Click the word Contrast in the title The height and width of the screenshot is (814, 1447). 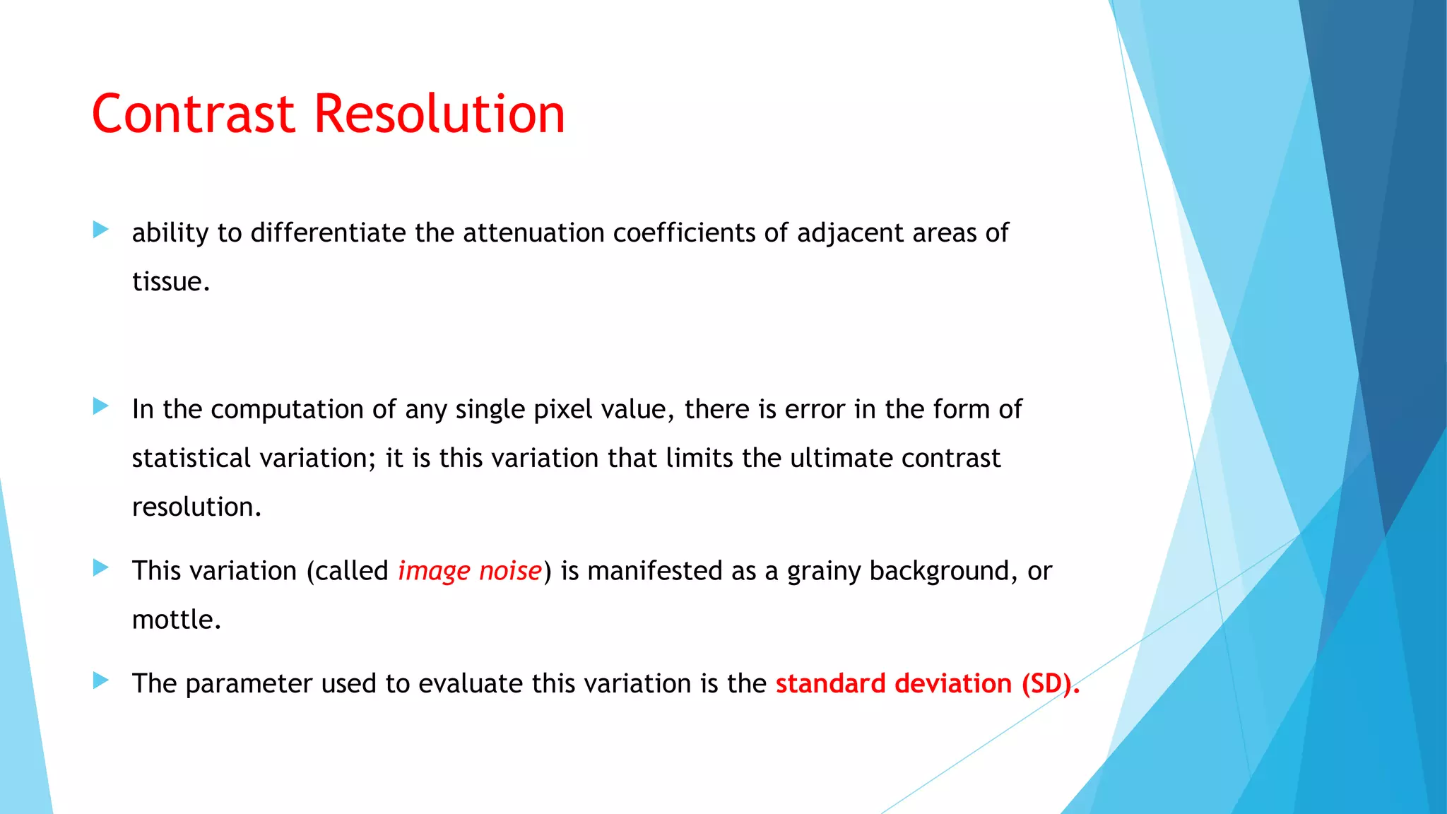pyautogui.click(x=193, y=114)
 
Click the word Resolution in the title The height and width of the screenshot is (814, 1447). pyautogui.click(x=439, y=114)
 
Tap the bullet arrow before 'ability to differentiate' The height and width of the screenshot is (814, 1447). pyautogui.click(x=101, y=230)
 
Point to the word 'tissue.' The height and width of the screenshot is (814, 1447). pyautogui.click(x=171, y=281)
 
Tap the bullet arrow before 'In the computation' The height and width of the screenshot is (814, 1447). pyautogui.click(x=101, y=406)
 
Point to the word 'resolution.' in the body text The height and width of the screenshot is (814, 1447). pyautogui.click(x=196, y=507)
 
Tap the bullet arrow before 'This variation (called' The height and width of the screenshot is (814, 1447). pyautogui.click(x=101, y=567)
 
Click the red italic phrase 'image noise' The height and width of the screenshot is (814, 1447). pyautogui.click(x=470, y=570)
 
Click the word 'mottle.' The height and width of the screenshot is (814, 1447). pyautogui.click(x=177, y=619)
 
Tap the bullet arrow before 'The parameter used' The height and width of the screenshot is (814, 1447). pyautogui.click(x=101, y=680)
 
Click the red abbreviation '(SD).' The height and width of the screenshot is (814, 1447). pyautogui.click(x=1051, y=683)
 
